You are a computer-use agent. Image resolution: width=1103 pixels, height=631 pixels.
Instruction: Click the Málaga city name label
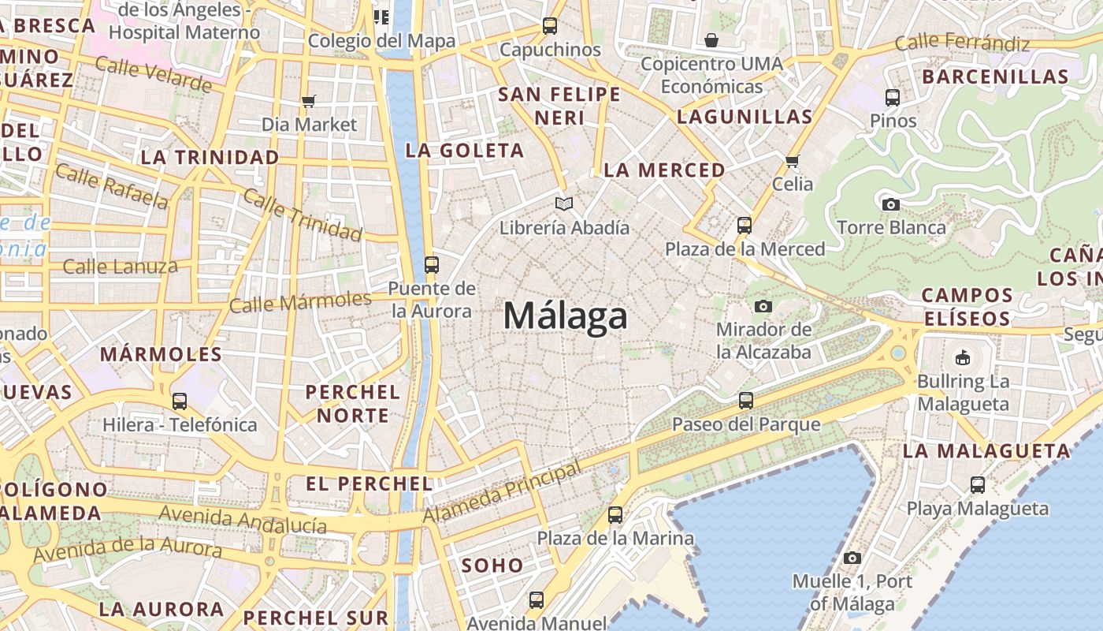(x=566, y=316)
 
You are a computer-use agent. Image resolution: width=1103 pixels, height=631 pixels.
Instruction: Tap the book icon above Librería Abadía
(x=564, y=204)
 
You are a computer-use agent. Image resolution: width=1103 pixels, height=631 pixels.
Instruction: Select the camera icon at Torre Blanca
(x=891, y=204)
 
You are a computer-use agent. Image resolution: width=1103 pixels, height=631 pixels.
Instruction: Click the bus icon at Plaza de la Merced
(x=744, y=226)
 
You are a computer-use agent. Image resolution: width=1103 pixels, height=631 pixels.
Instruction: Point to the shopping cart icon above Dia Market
(x=309, y=101)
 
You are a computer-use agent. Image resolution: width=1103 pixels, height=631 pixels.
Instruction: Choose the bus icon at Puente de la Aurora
(x=431, y=264)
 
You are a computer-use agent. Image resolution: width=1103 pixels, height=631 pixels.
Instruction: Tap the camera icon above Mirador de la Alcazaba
(x=763, y=306)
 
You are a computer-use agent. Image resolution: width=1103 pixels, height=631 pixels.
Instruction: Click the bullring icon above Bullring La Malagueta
(x=962, y=358)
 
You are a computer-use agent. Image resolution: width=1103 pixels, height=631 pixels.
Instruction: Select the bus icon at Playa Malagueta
(x=978, y=485)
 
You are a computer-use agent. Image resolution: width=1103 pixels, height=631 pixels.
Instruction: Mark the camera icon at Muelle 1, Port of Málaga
(x=852, y=558)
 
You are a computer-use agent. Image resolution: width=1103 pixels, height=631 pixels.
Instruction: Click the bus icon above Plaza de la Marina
(x=615, y=515)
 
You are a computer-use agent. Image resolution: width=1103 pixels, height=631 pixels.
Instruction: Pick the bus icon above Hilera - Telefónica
(x=180, y=401)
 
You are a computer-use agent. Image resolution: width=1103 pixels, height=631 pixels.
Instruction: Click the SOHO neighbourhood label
(x=492, y=565)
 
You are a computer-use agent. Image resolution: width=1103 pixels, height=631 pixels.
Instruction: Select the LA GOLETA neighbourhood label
(x=464, y=150)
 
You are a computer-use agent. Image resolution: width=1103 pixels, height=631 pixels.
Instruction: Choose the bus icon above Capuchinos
(x=550, y=26)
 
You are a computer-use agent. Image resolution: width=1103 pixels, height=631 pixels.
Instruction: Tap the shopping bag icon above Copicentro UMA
(x=711, y=39)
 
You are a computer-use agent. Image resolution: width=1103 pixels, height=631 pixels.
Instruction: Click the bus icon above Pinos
(x=893, y=97)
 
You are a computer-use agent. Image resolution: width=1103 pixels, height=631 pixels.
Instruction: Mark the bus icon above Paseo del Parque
(x=746, y=401)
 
